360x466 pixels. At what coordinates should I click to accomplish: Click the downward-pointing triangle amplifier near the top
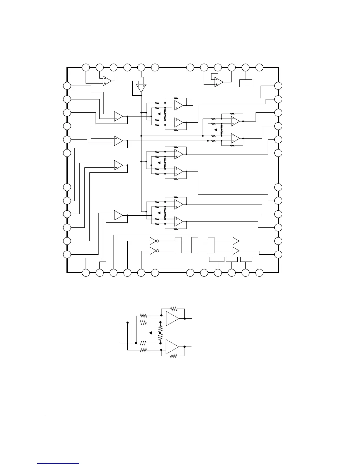141,88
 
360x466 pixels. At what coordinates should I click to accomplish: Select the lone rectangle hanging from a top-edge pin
246,83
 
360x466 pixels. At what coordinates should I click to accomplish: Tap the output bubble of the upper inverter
158,241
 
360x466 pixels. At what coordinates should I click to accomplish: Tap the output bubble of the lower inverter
158,251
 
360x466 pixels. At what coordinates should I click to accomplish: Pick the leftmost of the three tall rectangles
178,245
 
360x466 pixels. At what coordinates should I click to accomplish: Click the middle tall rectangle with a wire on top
194,245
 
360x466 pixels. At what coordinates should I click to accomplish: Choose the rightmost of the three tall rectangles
211,245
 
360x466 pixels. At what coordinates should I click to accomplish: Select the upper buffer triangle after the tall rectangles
236,241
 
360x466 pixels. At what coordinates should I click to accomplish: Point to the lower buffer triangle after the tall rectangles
236,251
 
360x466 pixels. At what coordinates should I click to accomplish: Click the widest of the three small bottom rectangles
217,259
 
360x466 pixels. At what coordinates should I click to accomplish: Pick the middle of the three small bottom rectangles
232,259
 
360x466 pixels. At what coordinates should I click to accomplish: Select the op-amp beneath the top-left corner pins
107,81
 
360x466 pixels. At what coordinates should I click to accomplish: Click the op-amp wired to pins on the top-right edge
218,82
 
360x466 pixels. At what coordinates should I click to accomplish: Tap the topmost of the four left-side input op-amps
118,116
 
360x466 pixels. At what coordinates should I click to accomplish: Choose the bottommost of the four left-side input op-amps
118,215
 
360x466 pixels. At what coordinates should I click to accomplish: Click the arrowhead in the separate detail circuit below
151,333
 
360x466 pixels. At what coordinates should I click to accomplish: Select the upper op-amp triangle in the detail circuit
172,318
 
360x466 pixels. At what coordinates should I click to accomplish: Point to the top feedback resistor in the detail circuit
174,309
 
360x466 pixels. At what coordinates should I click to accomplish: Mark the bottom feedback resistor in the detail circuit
174,356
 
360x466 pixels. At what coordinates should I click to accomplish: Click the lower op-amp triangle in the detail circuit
172,347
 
